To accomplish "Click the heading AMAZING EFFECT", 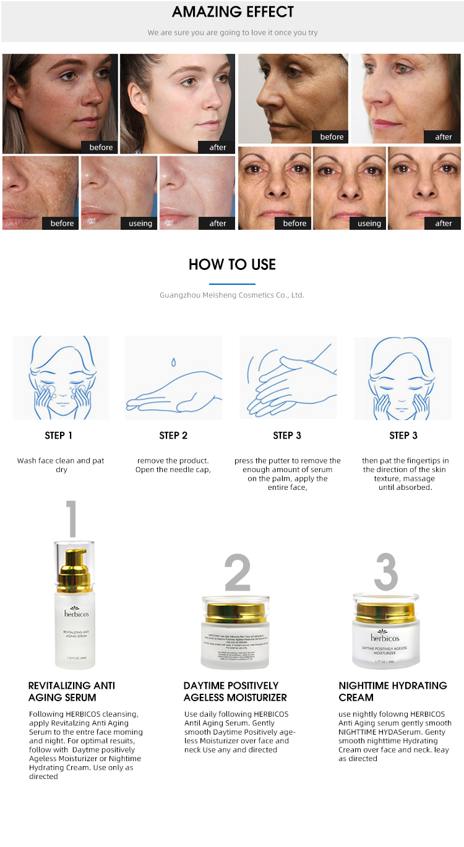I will (233, 12).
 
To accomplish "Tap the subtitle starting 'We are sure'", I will (233, 33).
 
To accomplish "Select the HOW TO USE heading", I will (232, 264).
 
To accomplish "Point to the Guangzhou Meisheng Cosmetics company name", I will (232, 295).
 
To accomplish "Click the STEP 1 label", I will (59, 436).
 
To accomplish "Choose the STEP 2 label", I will (173, 436).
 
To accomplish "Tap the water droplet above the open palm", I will (174, 361).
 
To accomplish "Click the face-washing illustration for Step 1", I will (61, 377).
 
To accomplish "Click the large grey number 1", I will (72, 519).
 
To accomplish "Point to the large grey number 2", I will (237, 573).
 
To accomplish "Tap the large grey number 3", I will (385, 571).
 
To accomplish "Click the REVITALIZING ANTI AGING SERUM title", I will (72, 691).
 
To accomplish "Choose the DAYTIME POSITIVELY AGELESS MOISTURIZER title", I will (235, 691).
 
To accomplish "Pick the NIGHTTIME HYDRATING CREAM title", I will (392, 691).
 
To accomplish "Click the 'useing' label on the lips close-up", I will (140, 223).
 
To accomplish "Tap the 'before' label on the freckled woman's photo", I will (101, 147).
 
